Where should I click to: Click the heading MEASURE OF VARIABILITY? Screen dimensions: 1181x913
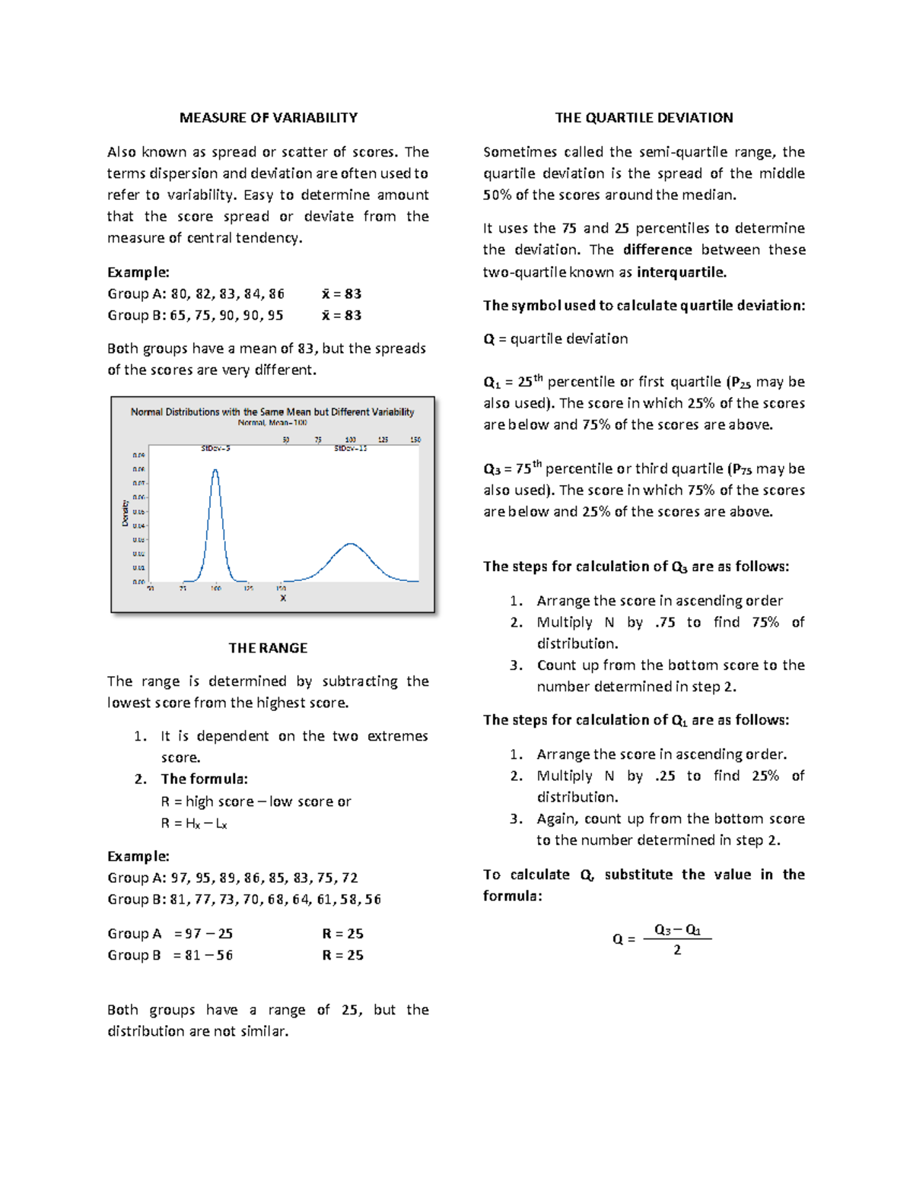tap(268, 118)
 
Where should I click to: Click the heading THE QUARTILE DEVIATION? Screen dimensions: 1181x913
tap(644, 118)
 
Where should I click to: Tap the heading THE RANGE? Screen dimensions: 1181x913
tap(268, 648)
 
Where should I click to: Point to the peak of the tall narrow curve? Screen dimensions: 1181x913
tap(215, 470)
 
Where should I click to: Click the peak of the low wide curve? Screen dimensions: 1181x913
tap(351, 544)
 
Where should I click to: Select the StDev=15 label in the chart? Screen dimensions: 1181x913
tap(350, 449)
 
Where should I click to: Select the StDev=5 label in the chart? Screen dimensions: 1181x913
tap(215, 449)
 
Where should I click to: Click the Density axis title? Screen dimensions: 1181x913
tap(126, 513)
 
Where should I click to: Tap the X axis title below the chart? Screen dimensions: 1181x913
tap(283, 598)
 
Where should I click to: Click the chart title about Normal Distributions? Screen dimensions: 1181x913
tap(272, 412)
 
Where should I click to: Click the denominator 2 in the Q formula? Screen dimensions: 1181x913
tap(677, 950)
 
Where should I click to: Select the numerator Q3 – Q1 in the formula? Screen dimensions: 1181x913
tap(677, 929)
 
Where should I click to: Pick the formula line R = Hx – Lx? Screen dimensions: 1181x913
tap(194, 824)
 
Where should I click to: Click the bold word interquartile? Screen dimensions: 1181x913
tap(681, 272)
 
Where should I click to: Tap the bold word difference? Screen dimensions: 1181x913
tap(657, 250)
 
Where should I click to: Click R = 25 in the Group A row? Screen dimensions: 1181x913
tap(342, 934)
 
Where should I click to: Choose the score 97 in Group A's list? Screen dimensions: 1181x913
tap(179, 878)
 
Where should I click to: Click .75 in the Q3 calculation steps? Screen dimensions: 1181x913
tap(665, 623)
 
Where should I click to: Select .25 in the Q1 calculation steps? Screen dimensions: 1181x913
tap(665, 776)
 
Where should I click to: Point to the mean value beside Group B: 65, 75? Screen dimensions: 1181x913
tap(342, 316)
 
